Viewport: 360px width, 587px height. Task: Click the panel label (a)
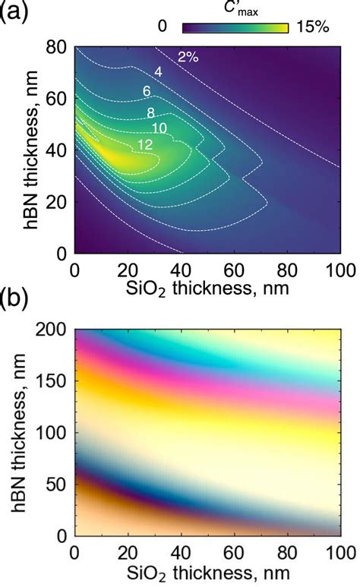pos(17,14)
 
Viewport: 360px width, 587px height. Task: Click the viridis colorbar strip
pos(235,28)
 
